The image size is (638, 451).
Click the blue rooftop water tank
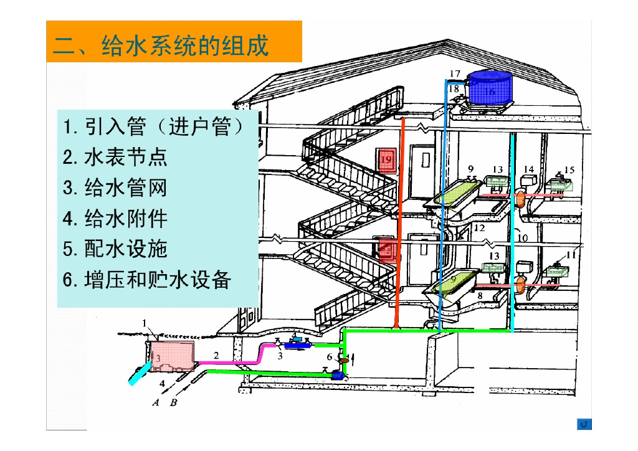(490, 88)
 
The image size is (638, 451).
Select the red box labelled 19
(387, 161)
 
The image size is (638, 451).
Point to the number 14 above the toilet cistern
(528, 169)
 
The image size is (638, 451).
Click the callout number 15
(569, 169)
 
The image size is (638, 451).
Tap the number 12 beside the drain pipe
(478, 228)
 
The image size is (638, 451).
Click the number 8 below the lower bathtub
(480, 296)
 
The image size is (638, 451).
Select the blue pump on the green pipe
(337, 374)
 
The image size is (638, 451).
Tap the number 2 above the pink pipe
(216, 355)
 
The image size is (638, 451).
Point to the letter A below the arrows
(156, 402)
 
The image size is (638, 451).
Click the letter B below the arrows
(174, 402)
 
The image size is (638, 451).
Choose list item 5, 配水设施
(115, 249)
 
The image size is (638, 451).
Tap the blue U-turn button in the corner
(584, 424)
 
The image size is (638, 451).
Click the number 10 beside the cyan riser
(522, 237)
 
